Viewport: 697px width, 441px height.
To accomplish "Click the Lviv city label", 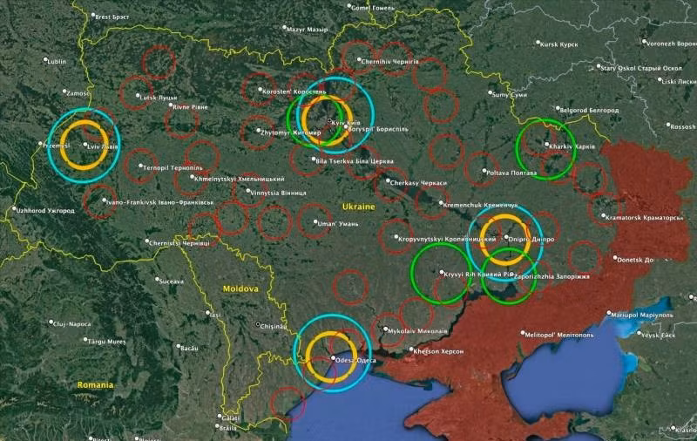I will (x=104, y=146).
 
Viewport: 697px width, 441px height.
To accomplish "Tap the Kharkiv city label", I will (x=572, y=146).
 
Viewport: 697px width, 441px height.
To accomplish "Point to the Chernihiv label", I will (x=390, y=62).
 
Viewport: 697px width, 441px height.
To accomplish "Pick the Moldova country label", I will (x=239, y=288).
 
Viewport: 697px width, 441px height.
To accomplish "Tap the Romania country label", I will (x=95, y=384).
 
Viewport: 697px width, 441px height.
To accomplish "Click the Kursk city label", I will (x=560, y=44).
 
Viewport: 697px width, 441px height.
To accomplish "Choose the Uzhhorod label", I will (x=45, y=210).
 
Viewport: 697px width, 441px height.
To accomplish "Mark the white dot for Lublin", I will (x=46, y=61).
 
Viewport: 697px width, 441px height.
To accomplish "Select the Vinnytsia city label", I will (x=269, y=192).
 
